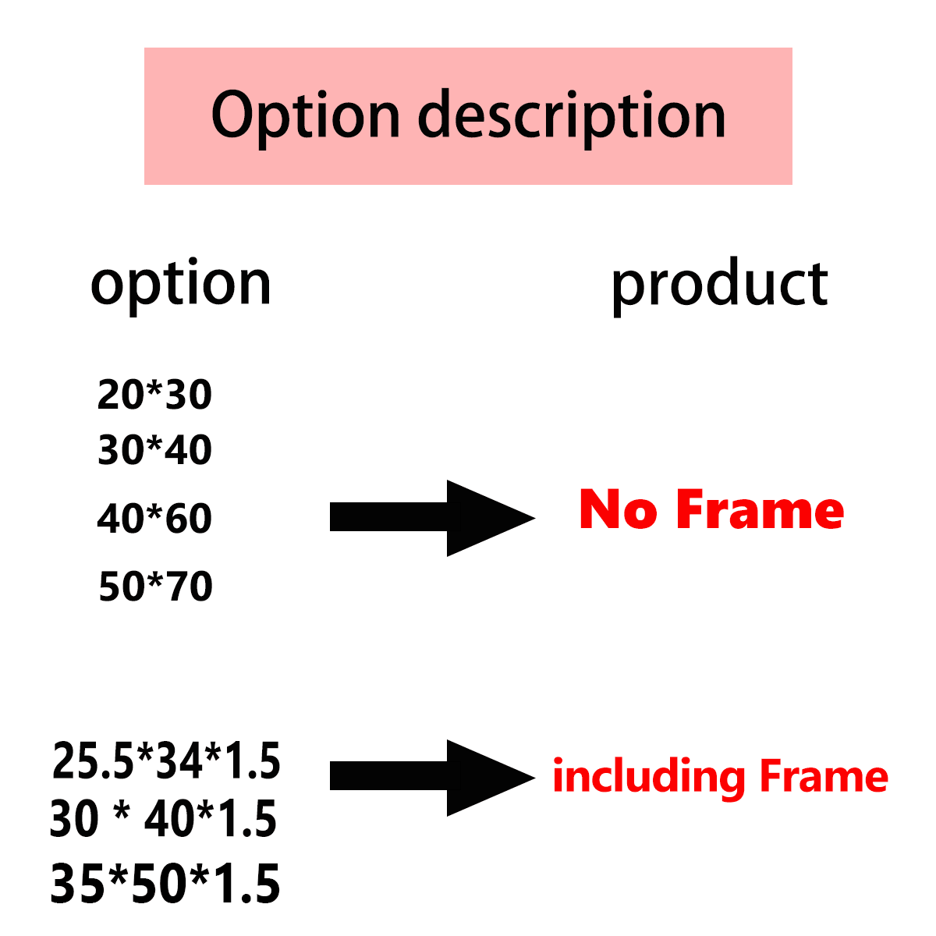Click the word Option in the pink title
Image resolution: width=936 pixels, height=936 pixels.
[x=305, y=115]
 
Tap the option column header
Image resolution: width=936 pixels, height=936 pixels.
[x=181, y=284]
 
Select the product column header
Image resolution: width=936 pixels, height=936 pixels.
[x=718, y=284]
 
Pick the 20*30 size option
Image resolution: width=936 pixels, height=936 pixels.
[x=154, y=395]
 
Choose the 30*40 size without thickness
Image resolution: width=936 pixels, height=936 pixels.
[x=154, y=450]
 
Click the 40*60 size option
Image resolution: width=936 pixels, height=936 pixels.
[x=154, y=519]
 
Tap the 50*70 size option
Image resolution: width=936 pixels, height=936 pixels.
[x=155, y=587]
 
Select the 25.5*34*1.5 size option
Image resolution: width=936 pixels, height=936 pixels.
[x=166, y=761]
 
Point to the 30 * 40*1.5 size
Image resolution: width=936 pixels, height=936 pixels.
[x=163, y=819]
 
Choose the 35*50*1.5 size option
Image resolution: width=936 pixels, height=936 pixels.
[x=165, y=885]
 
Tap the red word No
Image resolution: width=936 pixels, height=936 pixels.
[x=617, y=510]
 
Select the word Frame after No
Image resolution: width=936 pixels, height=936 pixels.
[x=760, y=510]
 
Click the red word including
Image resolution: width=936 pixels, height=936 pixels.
[x=648, y=778]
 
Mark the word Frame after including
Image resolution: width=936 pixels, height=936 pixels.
[x=824, y=777]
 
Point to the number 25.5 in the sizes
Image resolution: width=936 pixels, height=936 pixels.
[x=92, y=761]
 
